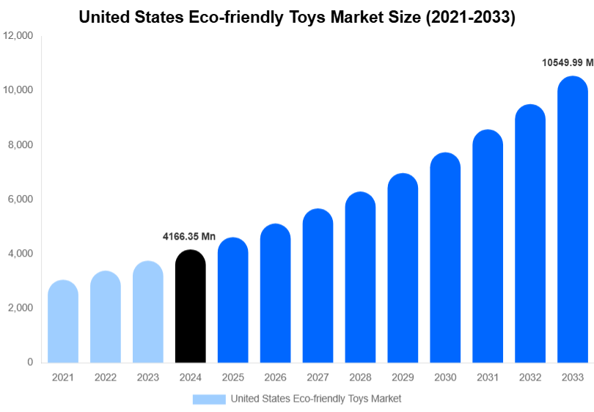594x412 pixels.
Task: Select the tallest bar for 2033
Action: coord(572,220)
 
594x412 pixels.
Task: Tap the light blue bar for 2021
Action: coord(63,322)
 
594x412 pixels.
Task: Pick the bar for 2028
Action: coord(360,278)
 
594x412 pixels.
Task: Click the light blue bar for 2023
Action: coord(148,312)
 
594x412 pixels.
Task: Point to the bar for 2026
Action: coord(276,293)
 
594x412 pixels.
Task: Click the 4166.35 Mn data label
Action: coord(189,237)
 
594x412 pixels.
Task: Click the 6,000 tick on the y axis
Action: coord(21,199)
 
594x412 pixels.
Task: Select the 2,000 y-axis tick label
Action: coord(21,308)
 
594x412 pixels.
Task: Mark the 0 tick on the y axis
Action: coord(30,362)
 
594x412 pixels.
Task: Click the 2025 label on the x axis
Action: coord(233,377)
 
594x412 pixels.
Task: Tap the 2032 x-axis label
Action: coord(529,377)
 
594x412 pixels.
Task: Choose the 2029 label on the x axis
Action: coord(403,377)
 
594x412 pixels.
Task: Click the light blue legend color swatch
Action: coord(209,399)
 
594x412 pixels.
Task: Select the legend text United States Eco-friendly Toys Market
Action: coord(316,399)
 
